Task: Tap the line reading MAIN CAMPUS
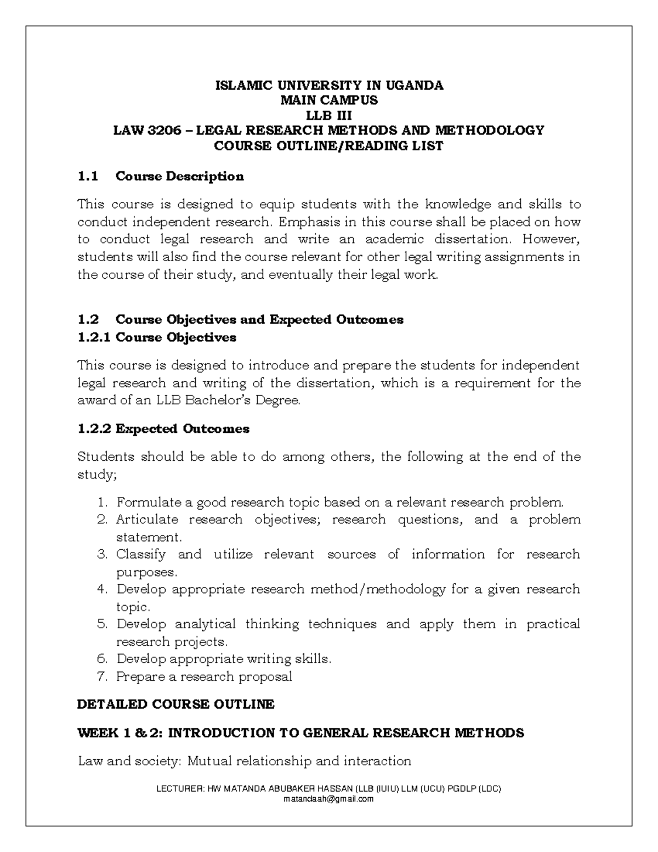329,100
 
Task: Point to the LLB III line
329,115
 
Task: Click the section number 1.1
88,177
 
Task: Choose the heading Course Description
180,177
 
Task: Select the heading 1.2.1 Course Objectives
157,337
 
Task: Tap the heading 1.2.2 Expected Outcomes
163,429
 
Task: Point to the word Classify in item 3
140,555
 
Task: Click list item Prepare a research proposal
204,676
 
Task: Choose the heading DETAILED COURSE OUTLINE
175,704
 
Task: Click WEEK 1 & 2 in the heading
118,733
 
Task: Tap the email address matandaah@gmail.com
328,799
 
